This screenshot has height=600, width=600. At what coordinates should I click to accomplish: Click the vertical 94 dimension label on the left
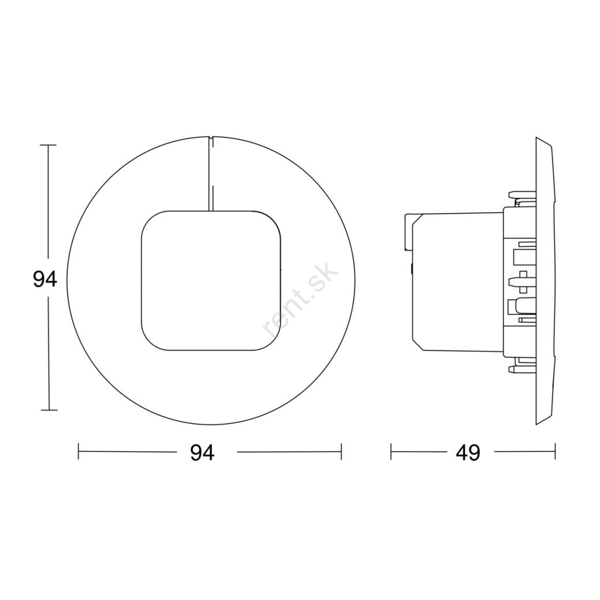pos(45,279)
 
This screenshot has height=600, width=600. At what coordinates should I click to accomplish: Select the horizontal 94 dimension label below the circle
pos(203,453)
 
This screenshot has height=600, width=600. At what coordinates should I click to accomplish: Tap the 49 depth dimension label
pos(468,453)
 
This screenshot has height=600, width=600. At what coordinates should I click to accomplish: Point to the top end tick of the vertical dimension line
pos(48,146)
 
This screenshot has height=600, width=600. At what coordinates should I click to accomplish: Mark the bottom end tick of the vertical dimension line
pos(49,410)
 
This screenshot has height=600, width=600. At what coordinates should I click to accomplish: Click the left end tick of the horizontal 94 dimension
pos(79,452)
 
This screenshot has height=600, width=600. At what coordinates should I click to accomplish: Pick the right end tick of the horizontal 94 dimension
pos(341,452)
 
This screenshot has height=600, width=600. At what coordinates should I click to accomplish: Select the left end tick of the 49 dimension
pos(391,452)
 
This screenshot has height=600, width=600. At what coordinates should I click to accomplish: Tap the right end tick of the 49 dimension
pos(555,452)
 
